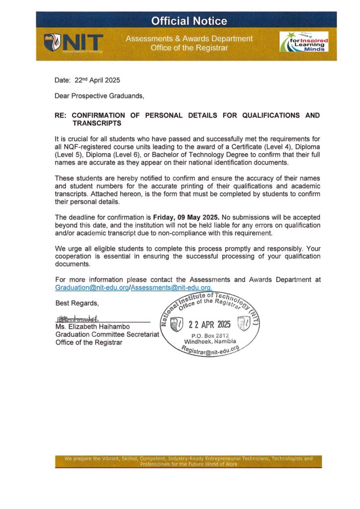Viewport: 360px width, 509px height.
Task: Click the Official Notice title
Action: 189,21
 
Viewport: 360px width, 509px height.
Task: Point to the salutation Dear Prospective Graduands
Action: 99,95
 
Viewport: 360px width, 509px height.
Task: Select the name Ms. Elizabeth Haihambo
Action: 93,327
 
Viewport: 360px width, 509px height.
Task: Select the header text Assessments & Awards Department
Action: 189,39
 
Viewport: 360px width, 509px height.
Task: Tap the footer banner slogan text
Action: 188,461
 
